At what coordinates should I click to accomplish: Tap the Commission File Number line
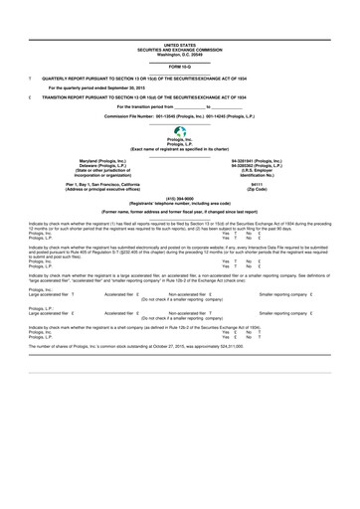[x=180, y=116]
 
